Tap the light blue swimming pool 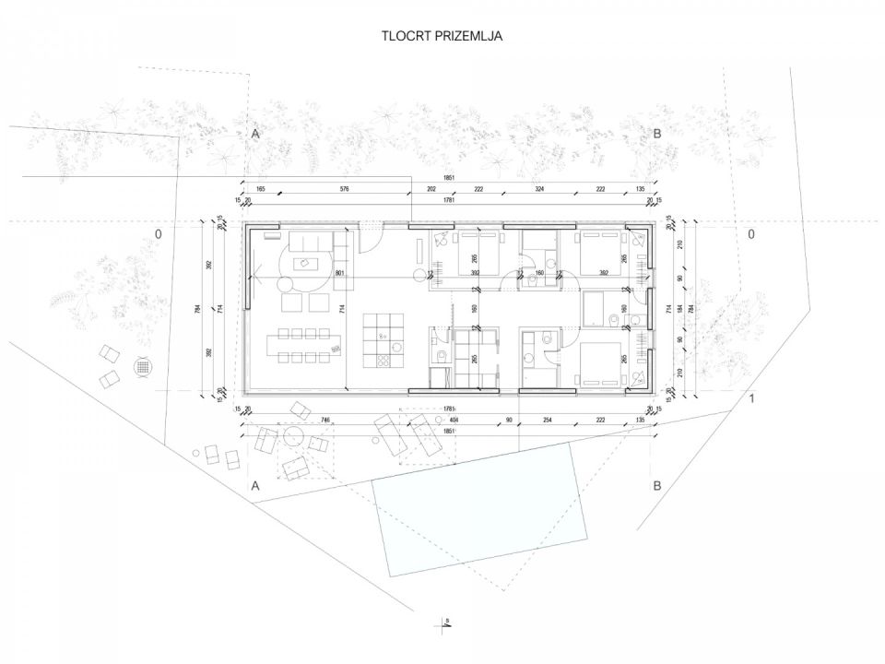pyautogui.click(x=479, y=512)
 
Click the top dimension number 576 pyautogui.click(x=344, y=188)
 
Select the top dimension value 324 pyautogui.click(x=539, y=188)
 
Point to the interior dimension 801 pyautogui.click(x=339, y=273)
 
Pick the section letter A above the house pyautogui.click(x=255, y=134)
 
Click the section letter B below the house pyautogui.click(x=657, y=485)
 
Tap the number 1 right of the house pyautogui.click(x=751, y=398)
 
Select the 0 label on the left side pyautogui.click(x=158, y=234)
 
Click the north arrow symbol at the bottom pyautogui.click(x=443, y=622)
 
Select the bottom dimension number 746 pyautogui.click(x=325, y=420)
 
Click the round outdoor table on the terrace pyautogui.click(x=295, y=436)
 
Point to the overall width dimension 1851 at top pyautogui.click(x=448, y=177)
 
